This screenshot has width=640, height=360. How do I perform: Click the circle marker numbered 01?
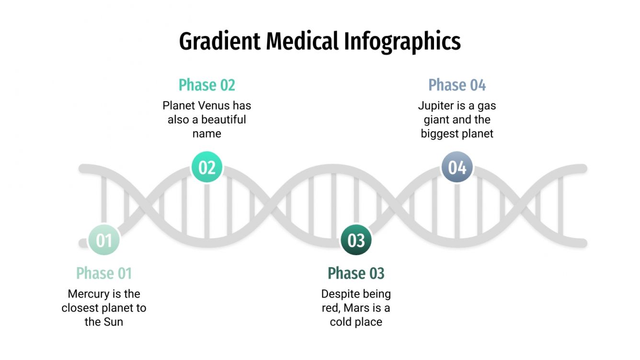coord(104,240)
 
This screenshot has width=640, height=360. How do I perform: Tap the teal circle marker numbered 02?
coord(207,168)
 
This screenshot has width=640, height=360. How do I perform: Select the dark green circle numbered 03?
coord(356,240)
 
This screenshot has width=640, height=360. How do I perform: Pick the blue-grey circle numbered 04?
coord(457,168)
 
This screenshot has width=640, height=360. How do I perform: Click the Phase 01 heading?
coord(104,273)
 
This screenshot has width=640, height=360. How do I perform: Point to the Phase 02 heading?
coord(207,85)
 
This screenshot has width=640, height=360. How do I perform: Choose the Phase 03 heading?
coord(356,273)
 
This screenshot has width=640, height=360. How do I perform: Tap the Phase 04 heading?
coord(457,85)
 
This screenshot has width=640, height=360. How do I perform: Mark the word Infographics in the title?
coord(402,42)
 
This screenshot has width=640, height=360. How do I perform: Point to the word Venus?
coord(214,105)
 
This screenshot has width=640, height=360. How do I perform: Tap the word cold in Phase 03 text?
coord(339,322)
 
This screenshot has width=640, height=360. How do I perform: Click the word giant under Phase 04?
coord(435,120)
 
